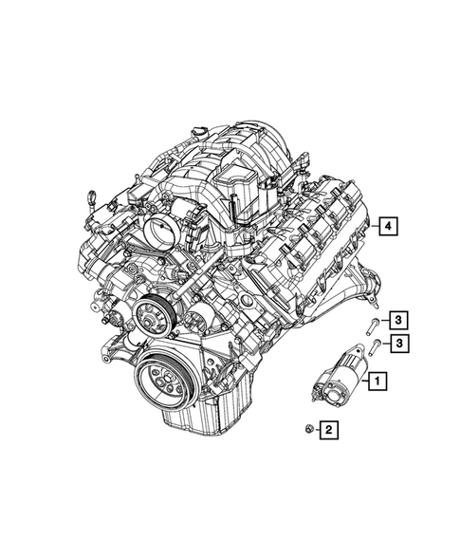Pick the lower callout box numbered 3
401,343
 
